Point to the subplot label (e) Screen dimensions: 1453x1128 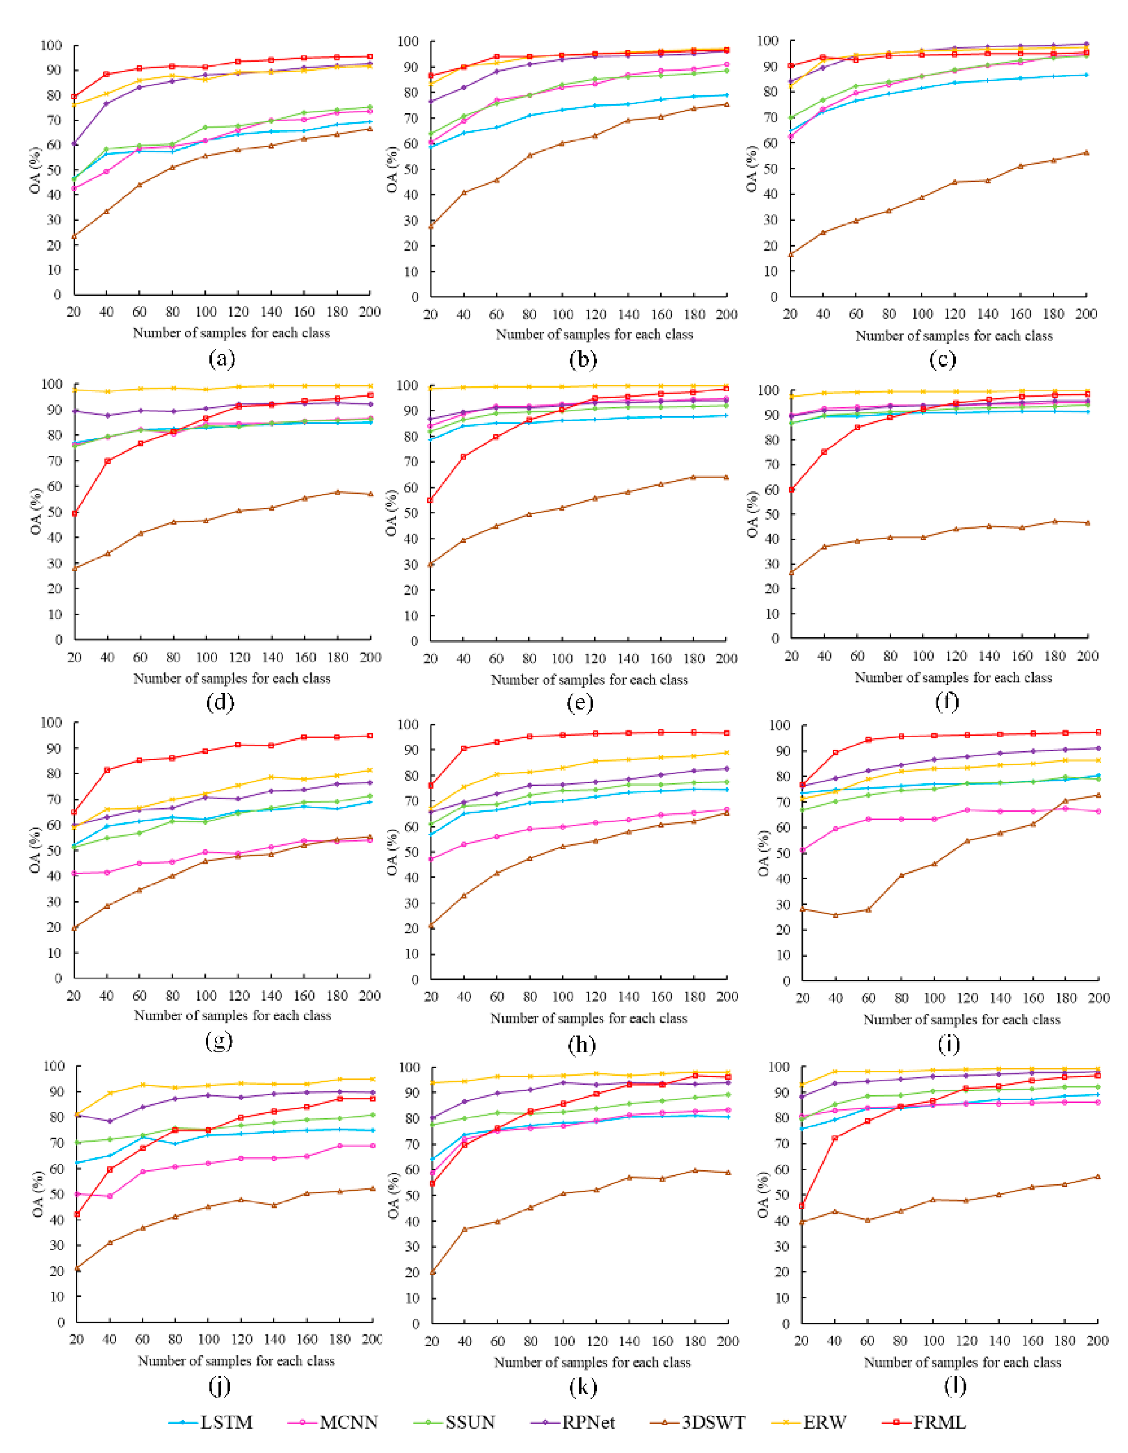[x=583, y=703]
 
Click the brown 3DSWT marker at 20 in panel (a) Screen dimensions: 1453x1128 [x=74, y=236]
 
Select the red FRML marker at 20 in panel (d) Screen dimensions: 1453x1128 [x=75, y=513]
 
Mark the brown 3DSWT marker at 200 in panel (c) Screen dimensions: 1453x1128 [x=1086, y=152]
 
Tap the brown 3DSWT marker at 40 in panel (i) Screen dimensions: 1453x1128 [x=835, y=915]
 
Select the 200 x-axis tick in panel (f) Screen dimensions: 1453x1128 [x=1087, y=656]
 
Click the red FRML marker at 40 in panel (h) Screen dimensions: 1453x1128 [x=464, y=748]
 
